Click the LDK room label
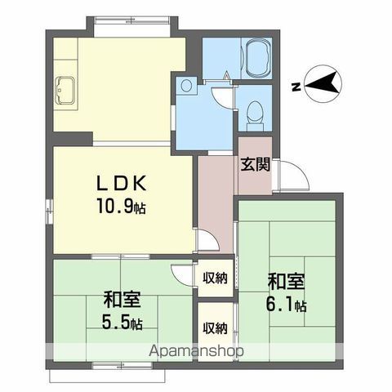coord(122,183)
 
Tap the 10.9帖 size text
coord(121,206)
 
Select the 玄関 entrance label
coord(256,164)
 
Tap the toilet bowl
coord(256,112)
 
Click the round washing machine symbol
coord(186,86)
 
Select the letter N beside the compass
coord(296,87)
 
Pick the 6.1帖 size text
coord(286,305)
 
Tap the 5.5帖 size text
coord(122,323)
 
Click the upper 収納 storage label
coord(215,278)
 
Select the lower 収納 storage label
coord(215,327)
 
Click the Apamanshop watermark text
coord(196,351)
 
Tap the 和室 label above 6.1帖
coord(286,282)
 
